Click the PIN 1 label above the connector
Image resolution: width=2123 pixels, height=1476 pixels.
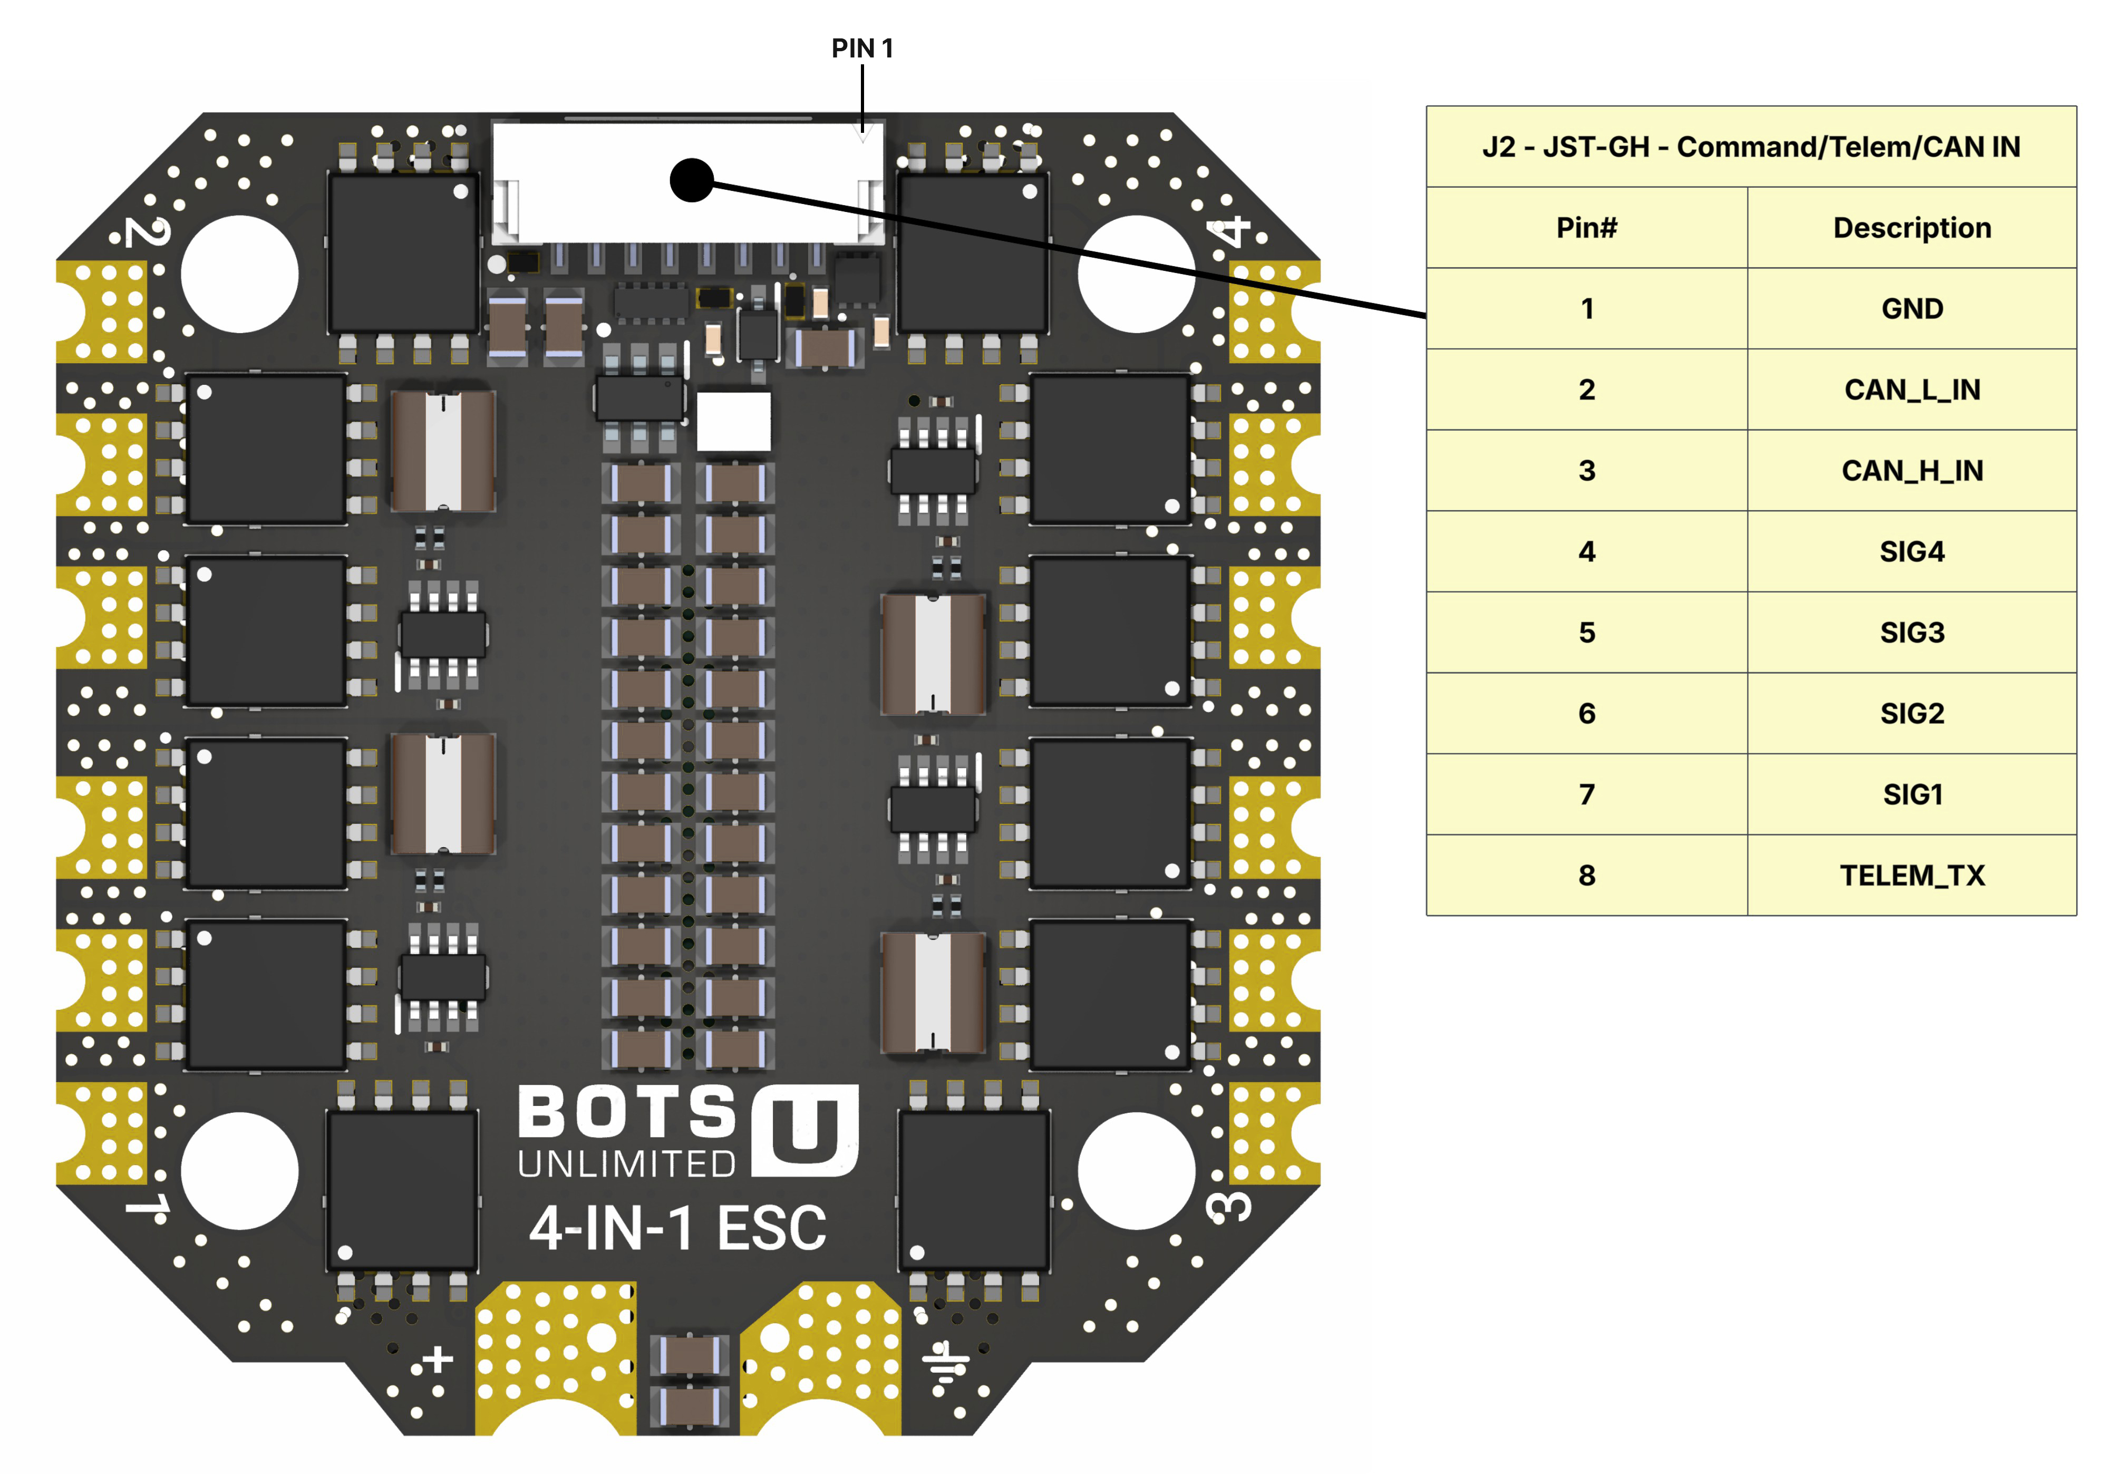[x=862, y=48]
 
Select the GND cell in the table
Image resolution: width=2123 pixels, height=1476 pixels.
[x=1911, y=309]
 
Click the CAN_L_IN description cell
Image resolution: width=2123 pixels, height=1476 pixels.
[x=1911, y=390]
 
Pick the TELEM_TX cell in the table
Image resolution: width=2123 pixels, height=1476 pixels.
[x=1911, y=876]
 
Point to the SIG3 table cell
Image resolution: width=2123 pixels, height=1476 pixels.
[x=1911, y=633]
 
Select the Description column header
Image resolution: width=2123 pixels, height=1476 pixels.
[x=1911, y=228]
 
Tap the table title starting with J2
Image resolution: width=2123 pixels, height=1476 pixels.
[x=1750, y=147]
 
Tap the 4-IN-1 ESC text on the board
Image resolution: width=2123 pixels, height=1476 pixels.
[x=678, y=1229]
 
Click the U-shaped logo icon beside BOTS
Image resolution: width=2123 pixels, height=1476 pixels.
[x=806, y=1130]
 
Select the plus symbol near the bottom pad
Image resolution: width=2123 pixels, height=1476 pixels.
[x=438, y=1360]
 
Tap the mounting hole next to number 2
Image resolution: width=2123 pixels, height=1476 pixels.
[x=239, y=274]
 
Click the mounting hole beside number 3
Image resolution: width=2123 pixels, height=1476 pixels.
[x=1137, y=1171]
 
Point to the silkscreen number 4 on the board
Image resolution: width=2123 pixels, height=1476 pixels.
[x=1233, y=231]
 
